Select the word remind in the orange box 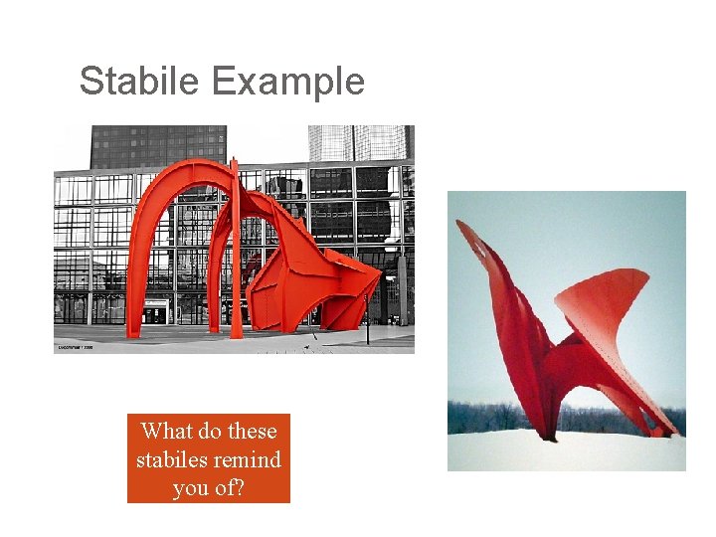[x=250, y=460]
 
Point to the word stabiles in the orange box [x=171, y=460]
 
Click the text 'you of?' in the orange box [x=208, y=488]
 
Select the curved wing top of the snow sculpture [x=607, y=288]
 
